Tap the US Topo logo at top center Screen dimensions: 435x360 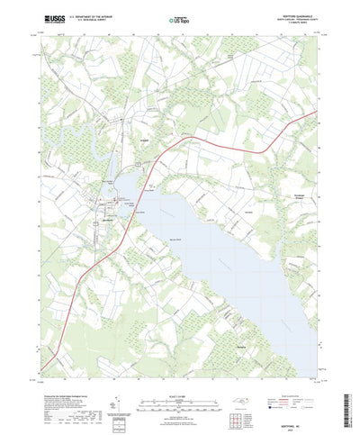click(179, 18)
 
